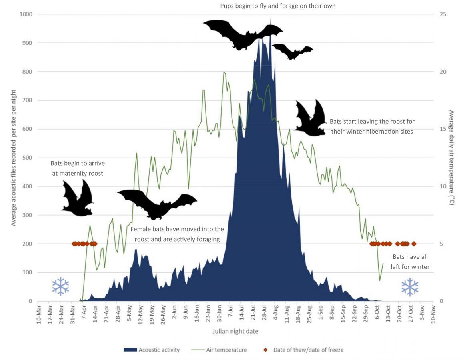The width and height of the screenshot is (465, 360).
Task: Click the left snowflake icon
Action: click(x=61, y=286)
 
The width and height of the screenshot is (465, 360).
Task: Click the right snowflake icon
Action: click(x=410, y=287)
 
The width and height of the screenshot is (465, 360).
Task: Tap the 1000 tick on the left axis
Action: click(x=26, y=14)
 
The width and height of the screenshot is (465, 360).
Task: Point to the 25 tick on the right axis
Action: click(x=443, y=14)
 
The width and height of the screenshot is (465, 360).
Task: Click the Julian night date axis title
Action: click(x=235, y=331)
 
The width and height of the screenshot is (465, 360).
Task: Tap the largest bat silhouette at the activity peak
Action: click(x=242, y=34)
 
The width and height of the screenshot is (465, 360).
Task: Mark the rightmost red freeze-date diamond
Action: click(x=414, y=244)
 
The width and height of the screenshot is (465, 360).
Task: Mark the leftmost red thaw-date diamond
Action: click(x=74, y=244)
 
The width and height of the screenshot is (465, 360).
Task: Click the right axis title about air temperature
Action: click(x=452, y=158)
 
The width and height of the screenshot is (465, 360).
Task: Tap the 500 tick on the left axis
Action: click(x=28, y=158)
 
